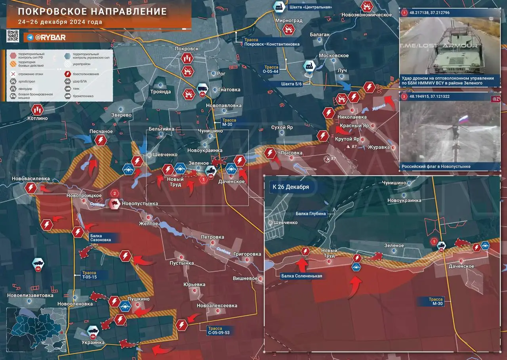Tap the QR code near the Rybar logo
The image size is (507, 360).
(13, 36)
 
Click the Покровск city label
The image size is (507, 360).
(187, 48)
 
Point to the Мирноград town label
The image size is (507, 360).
(289, 21)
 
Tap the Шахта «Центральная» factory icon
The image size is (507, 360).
(279, 7)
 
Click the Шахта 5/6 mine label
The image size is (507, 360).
(292, 84)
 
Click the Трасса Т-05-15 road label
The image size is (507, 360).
(89, 275)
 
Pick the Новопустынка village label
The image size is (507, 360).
(140, 204)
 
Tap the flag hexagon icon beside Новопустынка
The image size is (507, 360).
(115, 204)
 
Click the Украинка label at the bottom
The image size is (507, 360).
(93, 343)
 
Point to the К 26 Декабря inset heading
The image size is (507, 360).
(290, 187)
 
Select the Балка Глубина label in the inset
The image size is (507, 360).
(311, 214)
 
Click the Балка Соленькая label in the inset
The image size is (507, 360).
(301, 276)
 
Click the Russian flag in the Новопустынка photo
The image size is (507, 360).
(463, 119)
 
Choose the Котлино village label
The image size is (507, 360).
(38, 118)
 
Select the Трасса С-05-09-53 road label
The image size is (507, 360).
(219, 331)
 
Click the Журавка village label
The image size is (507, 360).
(379, 147)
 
